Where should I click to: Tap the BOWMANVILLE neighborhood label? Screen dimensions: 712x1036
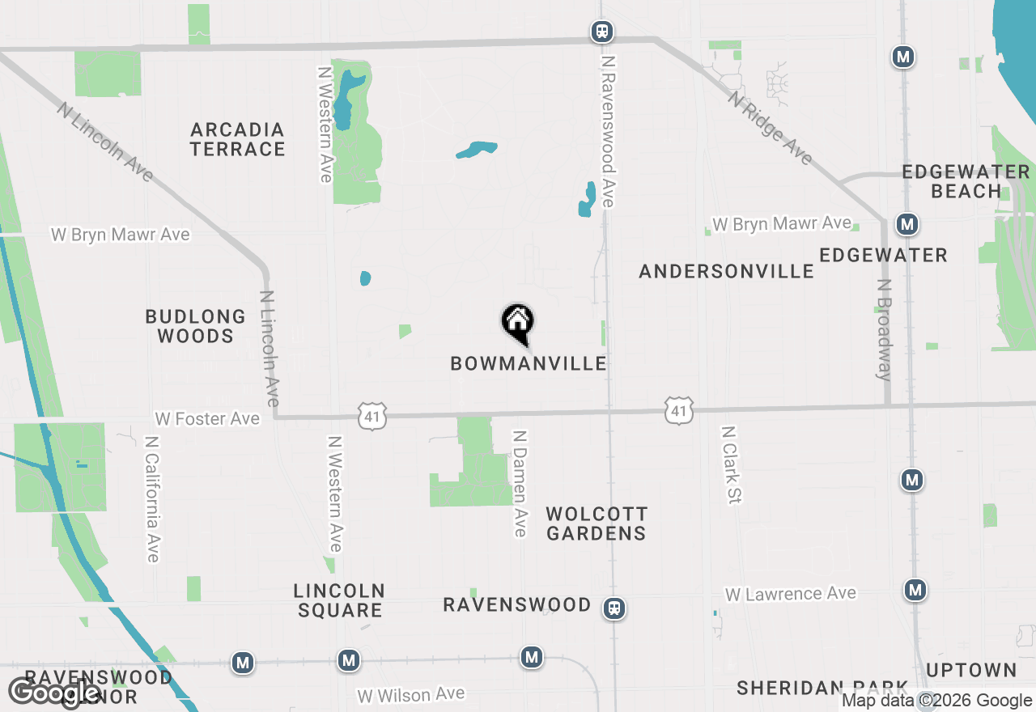click(x=529, y=363)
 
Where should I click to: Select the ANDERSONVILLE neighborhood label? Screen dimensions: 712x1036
click(x=726, y=271)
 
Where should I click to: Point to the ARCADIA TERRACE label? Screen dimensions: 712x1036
click(x=238, y=139)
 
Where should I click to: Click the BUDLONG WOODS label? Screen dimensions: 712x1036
click(x=196, y=326)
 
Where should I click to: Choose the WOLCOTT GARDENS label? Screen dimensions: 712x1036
click(x=597, y=523)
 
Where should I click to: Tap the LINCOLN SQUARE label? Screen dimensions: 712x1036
click(x=339, y=600)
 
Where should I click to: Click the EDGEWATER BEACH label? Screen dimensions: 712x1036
click(x=966, y=181)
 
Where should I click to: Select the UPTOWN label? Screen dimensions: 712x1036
click(x=971, y=670)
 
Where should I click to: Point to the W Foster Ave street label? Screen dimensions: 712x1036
click(x=208, y=418)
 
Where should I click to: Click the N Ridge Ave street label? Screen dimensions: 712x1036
click(x=770, y=128)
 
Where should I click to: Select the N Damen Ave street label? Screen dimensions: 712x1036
click(x=520, y=483)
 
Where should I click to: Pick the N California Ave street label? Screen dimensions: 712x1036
click(x=151, y=499)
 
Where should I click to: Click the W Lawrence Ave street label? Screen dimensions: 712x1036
click(x=790, y=594)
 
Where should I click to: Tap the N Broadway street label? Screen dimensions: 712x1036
click(x=885, y=329)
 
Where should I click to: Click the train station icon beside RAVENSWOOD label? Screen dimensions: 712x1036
click(x=615, y=608)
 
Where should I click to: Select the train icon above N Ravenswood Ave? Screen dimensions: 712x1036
click(x=601, y=32)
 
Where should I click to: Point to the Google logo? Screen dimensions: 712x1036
click(x=54, y=693)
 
